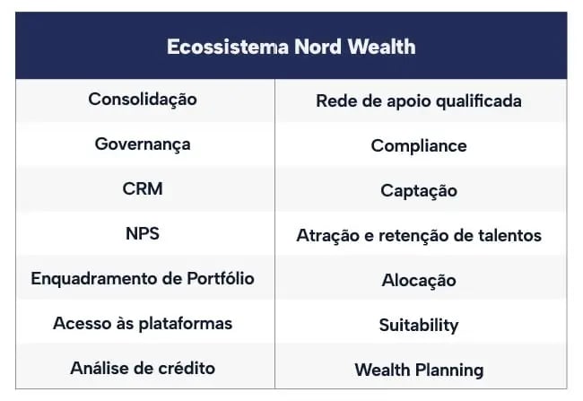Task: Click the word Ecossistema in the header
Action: [228, 47]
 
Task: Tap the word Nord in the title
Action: [318, 47]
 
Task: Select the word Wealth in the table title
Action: [381, 47]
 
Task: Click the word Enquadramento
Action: [99, 279]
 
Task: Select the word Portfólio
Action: [221, 279]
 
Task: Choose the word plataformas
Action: [186, 324]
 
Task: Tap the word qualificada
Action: [479, 101]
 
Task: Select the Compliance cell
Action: [419, 146]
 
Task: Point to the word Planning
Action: [449, 370]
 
